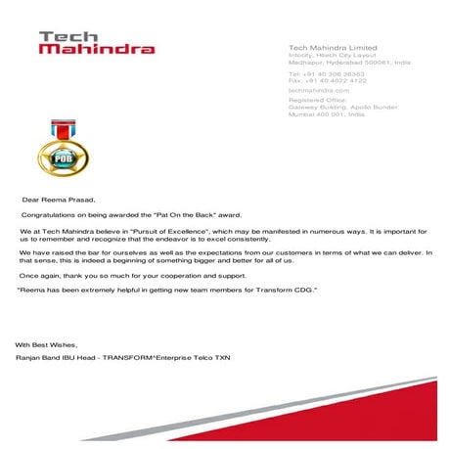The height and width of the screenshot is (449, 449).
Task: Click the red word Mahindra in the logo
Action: pyautogui.click(x=96, y=48)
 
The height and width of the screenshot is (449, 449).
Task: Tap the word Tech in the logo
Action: pyautogui.click(x=62, y=36)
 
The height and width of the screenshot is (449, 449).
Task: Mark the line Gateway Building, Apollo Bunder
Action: pyautogui.click(x=333, y=107)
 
